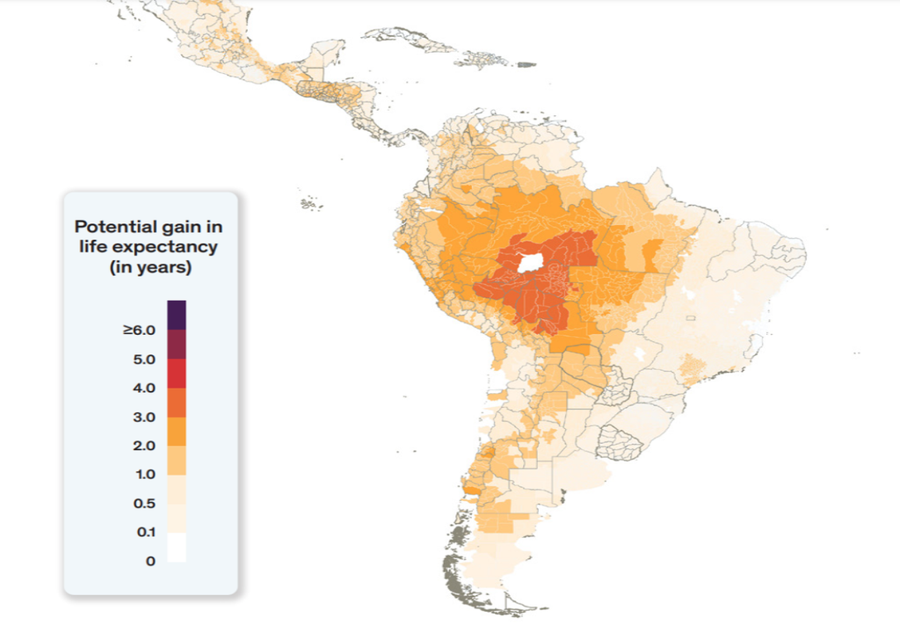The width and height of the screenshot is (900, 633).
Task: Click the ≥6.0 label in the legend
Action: [x=139, y=330]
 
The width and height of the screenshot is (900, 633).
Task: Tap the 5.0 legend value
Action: [x=144, y=359]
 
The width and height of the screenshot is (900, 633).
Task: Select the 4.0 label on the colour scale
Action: [x=144, y=388]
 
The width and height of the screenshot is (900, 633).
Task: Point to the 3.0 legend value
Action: [x=144, y=417]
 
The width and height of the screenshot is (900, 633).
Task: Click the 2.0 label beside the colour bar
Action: [x=144, y=446]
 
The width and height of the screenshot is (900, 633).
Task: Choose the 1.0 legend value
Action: [x=144, y=475]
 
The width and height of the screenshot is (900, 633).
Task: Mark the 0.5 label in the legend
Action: [x=144, y=504]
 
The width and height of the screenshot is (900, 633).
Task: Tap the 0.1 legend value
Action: [x=146, y=532]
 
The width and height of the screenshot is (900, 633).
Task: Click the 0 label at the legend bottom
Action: [x=150, y=561]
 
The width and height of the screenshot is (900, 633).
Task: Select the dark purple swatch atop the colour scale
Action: [x=177, y=315]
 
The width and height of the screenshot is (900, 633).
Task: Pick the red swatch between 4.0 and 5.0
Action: [x=177, y=373]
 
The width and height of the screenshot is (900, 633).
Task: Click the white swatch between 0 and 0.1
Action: [x=177, y=547]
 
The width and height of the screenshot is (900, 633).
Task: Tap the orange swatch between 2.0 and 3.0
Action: [x=177, y=431]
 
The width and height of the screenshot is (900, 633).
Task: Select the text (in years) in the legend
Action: [x=150, y=267]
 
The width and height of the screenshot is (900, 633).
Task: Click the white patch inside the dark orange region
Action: [x=530, y=262]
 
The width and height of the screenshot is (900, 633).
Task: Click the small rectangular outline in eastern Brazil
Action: [x=691, y=316]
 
